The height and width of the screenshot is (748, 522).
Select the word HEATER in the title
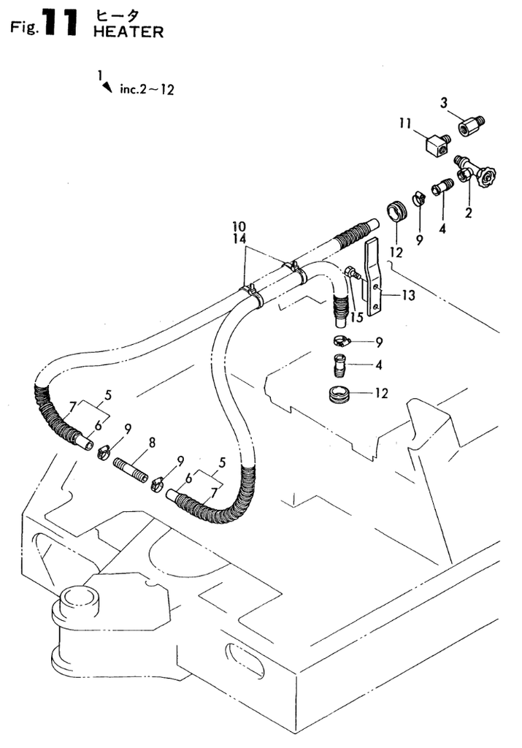128,32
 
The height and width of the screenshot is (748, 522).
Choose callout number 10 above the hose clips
240,226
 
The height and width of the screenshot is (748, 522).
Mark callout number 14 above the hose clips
240,238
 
